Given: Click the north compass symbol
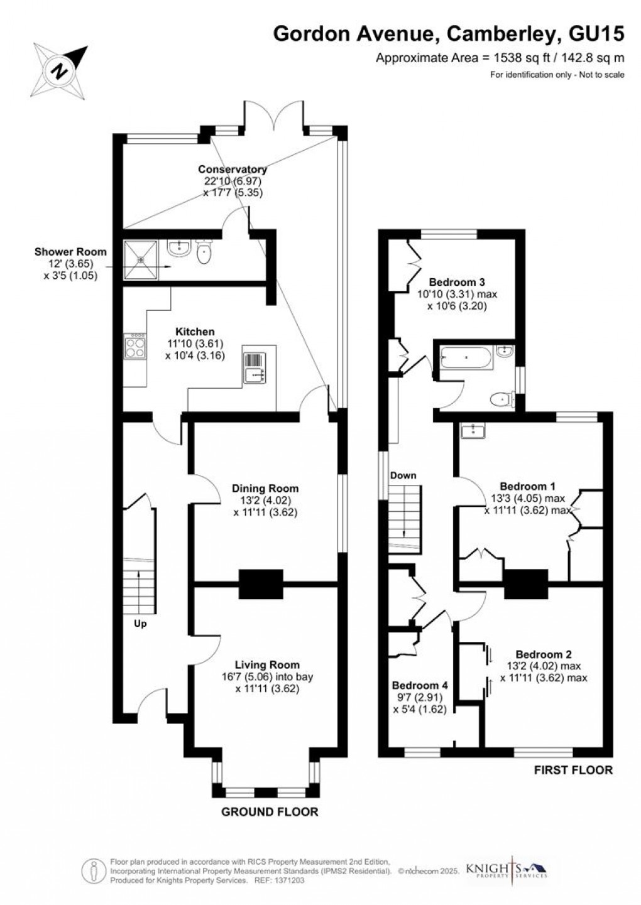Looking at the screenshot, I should [61, 68].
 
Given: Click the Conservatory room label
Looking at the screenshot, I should [232, 170].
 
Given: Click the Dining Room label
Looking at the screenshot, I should [265, 489].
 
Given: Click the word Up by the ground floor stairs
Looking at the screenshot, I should [140, 624].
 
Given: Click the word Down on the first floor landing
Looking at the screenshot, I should [403, 475].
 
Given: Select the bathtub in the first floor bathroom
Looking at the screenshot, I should [464, 359].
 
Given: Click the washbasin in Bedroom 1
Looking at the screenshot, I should [471, 431].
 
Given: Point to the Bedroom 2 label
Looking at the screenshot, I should [544, 654].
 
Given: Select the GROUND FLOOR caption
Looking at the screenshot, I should [270, 812].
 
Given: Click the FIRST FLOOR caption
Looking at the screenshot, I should [573, 770].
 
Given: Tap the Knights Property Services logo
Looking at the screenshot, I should [507, 869].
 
